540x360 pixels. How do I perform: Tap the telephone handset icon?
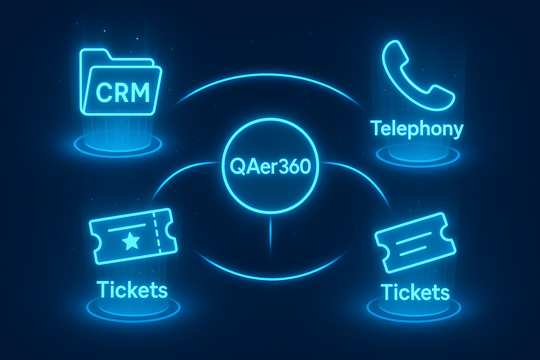[x=415, y=76]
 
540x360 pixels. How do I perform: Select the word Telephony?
[x=417, y=129]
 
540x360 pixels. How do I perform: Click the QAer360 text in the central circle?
[x=270, y=167]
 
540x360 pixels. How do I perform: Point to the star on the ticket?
[x=131, y=241]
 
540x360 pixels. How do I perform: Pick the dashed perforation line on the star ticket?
[x=157, y=232]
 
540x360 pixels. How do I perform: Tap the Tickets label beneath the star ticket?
[x=133, y=290]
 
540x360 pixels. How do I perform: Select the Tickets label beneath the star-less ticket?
[x=415, y=292]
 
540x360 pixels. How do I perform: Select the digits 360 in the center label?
[x=295, y=167]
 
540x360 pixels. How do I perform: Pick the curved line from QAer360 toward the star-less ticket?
[x=366, y=176]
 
